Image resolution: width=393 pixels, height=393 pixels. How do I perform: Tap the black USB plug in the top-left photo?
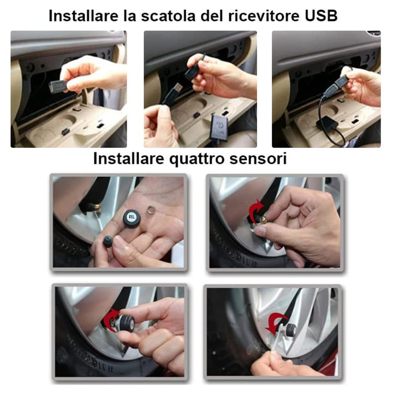(x=58, y=86)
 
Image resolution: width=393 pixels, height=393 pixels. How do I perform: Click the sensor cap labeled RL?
(x=131, y=218)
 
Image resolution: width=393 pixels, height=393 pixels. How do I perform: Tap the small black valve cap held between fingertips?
(x=109, y=241)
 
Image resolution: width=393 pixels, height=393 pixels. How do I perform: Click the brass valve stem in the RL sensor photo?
(x=95, y=208)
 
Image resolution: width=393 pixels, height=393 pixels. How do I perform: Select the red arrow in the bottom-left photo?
(x=112, y=318)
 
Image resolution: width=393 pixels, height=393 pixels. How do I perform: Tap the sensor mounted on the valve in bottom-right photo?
(x=290, y=330)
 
